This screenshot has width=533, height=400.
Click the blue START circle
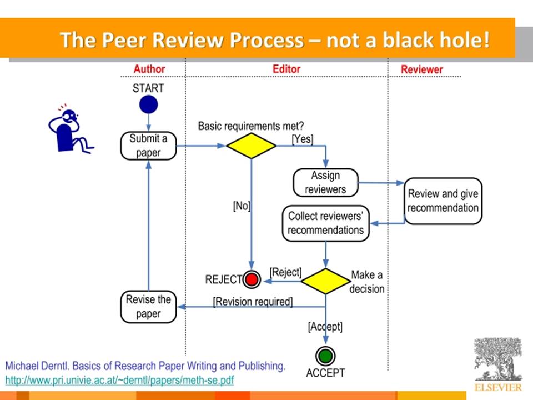coord(149,104)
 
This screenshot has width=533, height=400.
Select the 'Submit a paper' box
coord(149,146)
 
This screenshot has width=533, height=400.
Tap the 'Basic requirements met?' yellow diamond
coord(251,146)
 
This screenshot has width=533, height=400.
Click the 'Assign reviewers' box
coord(326,183)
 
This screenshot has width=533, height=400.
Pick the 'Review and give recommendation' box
coord(443,201)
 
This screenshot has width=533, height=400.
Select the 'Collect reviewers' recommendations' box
coord(326,223)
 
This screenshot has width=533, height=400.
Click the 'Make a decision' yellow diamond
coord(326,281)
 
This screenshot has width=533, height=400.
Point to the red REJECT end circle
coord(252,279)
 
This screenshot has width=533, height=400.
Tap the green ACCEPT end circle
coord(326,356)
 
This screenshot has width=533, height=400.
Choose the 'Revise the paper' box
coord(149,307)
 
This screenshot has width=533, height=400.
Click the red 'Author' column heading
coord(149,69)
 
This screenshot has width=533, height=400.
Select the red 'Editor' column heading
coord(286,69)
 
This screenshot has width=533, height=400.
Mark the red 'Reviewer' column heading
coord(422,69)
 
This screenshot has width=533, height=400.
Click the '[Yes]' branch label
coord(303,139)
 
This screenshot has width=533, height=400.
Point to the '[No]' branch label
coord(242,206)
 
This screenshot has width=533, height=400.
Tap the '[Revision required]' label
coord(253,302)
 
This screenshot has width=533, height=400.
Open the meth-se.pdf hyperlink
coord(120,380)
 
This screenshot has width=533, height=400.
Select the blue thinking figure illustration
coord(71,128)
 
